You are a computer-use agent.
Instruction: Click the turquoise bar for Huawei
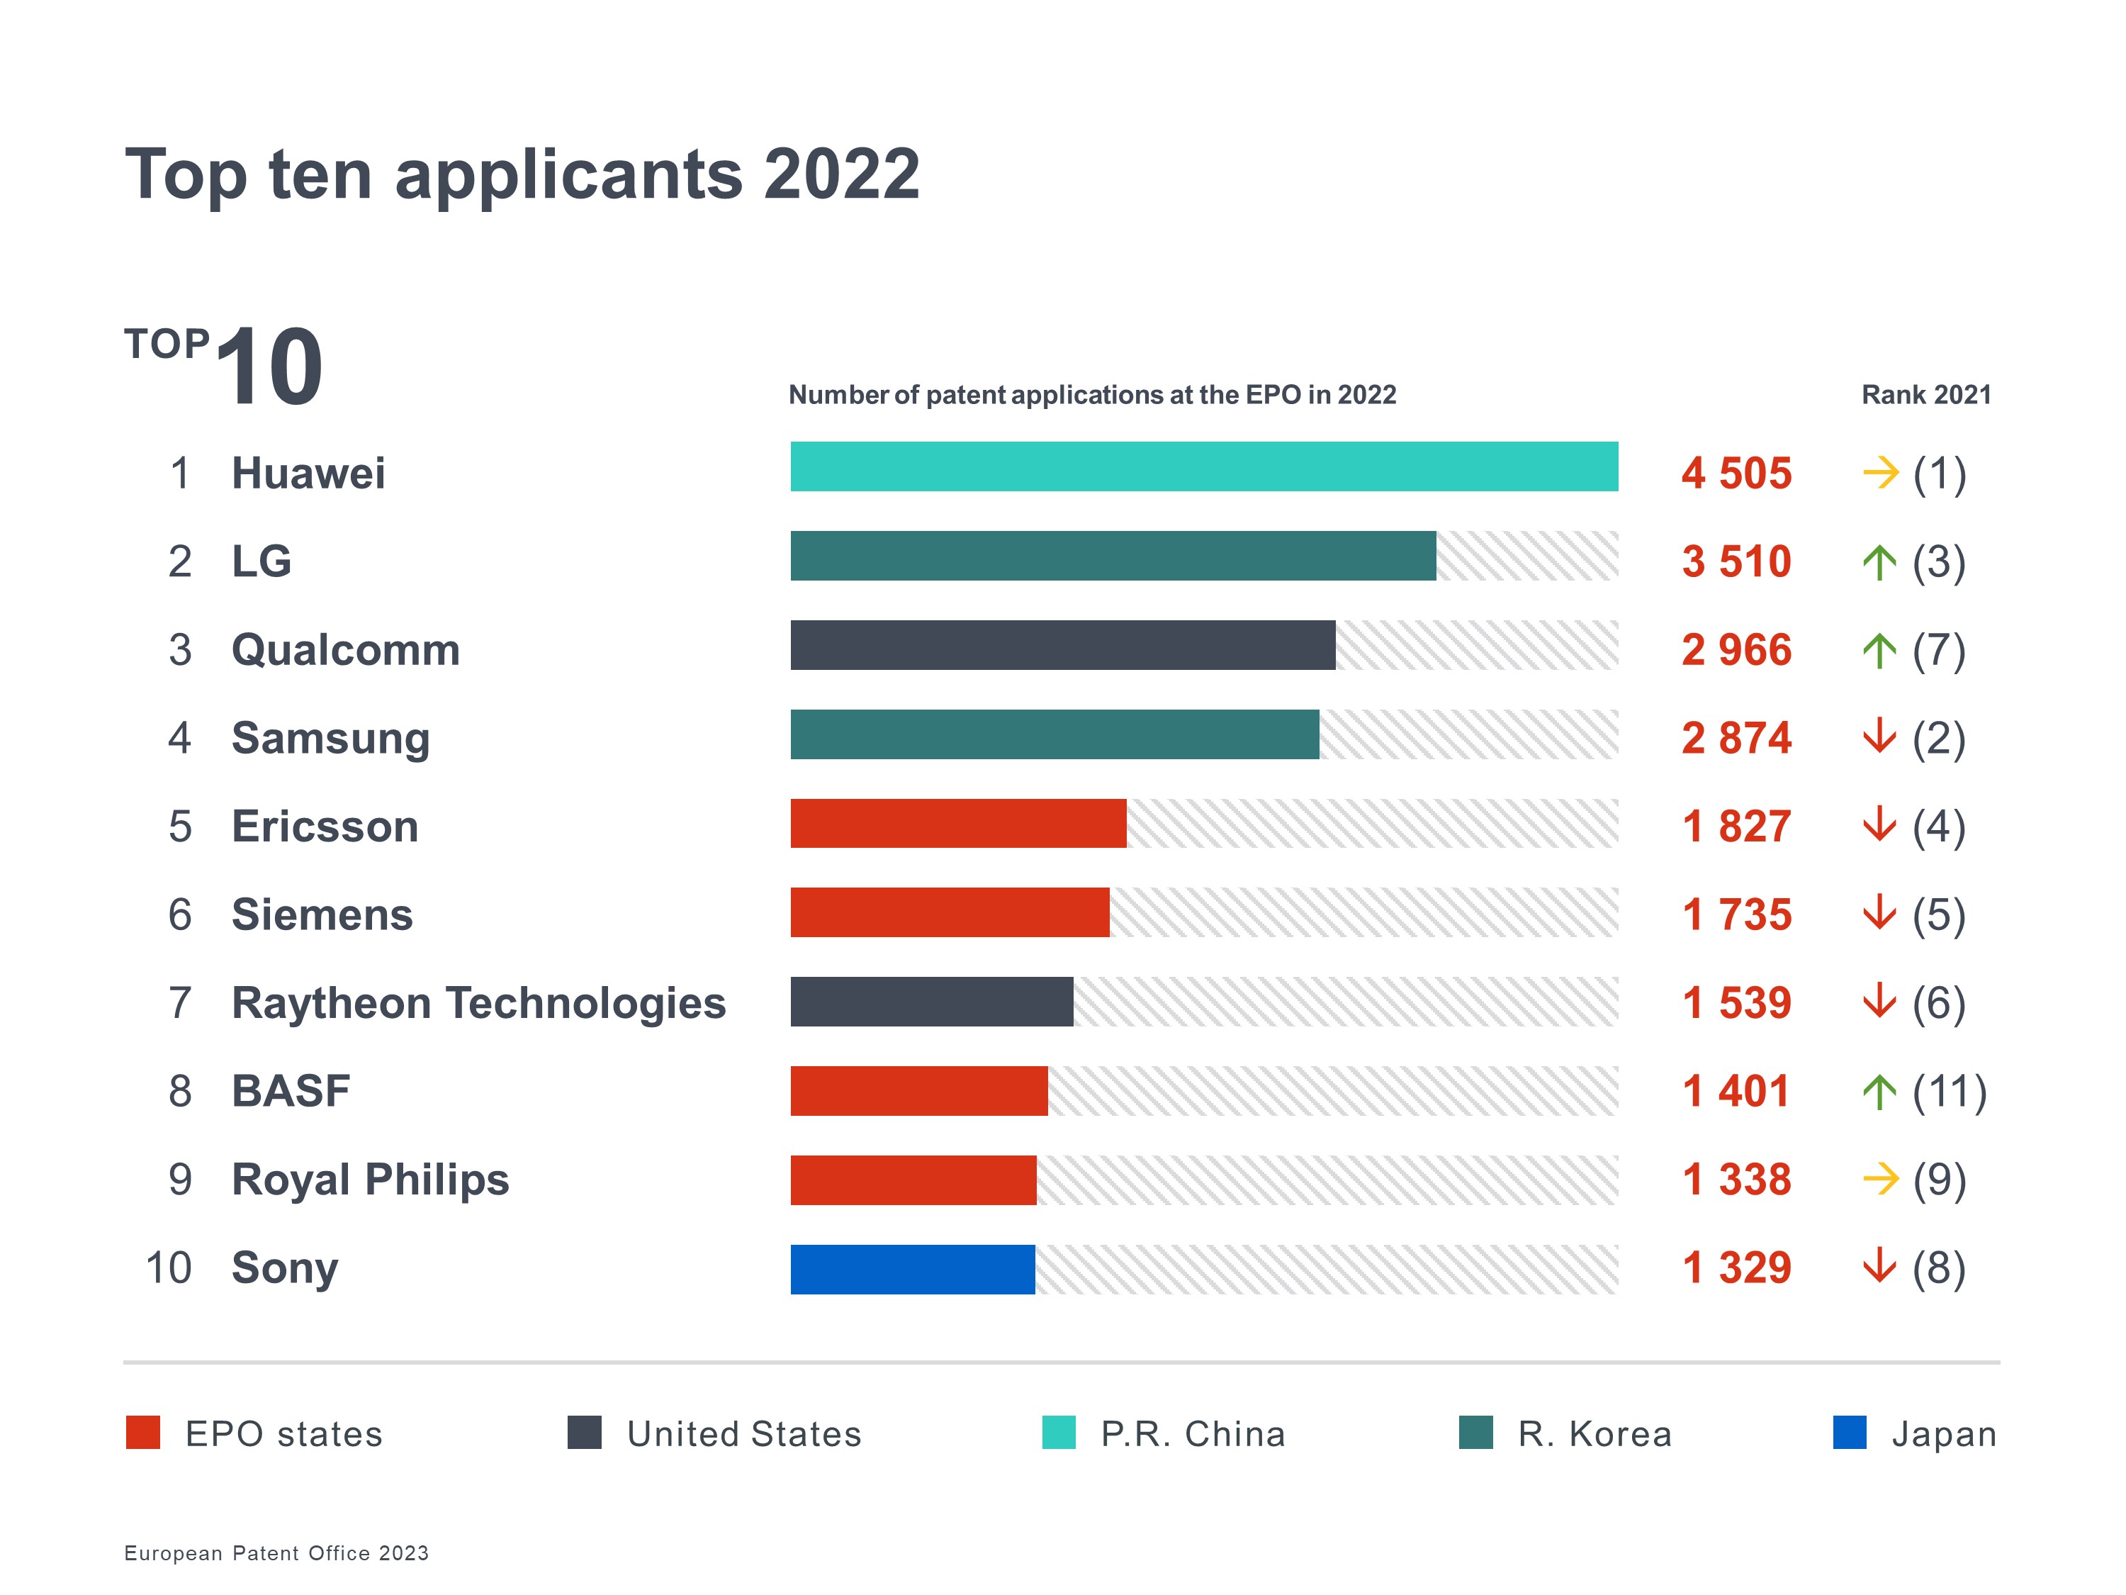click(x=1203, y=466)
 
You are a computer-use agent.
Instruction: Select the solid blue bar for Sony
click(x=912, y=1269)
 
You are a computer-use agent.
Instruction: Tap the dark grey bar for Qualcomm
click(x=1062, y=645)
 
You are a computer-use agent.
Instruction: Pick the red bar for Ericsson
click(x=957, y=823)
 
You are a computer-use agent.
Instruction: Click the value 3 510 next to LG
click(x=1736, y=561)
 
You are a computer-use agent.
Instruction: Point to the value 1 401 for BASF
click(x=1736, y=1091)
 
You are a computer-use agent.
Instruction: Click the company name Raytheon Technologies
click(x=478, y=1003)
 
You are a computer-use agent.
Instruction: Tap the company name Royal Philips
click(x=370, y=1180)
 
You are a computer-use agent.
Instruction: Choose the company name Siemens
click(x=322, y=914)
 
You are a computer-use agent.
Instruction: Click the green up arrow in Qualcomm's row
click(x=1879, y=651)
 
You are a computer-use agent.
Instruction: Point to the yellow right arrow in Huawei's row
click(x=1880, y=473)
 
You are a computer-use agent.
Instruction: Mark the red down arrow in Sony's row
click(x=1879, y=1267)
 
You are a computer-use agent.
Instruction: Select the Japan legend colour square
click(x=1849, y=1433)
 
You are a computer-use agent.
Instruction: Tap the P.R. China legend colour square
click(x=1058, y=1433)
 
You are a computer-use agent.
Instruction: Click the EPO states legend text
click(x=283, y=1433)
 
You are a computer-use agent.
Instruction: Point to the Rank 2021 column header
click(x=1925, y=395)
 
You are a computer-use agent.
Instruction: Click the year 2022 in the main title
click(x=841, y=174)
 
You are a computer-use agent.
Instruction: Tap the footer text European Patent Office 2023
click(x=276, y=1552)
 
